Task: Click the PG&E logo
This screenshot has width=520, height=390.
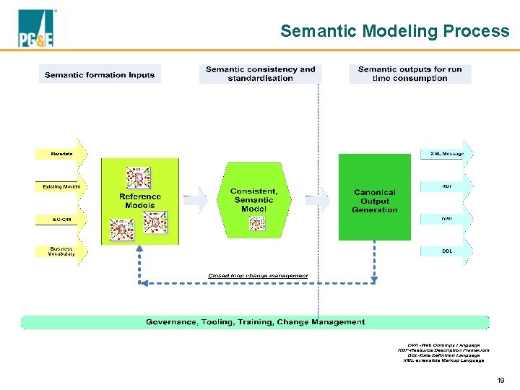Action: click(35, 30)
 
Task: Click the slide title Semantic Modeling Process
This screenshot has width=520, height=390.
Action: click(394, 31)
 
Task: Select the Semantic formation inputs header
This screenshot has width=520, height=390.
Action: click(100, 74)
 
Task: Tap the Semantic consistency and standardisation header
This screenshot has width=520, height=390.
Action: click(260, 74)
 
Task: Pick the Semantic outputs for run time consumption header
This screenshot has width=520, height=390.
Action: click(409, 74)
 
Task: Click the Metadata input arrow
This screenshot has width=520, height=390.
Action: click(61, 154)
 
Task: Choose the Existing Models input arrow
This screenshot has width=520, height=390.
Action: click(61, 187)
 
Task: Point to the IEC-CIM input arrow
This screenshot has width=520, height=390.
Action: click(61, 219)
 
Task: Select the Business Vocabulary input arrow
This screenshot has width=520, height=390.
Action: click(61, 251)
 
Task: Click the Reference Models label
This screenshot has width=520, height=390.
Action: click(140, 201)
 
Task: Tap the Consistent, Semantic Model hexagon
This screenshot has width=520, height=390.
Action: click(253, 200)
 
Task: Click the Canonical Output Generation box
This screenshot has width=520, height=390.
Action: click(375, 201)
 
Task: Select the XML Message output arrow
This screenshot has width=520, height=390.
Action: click(447, 154)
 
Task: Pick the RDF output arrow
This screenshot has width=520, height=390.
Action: click(447, 186)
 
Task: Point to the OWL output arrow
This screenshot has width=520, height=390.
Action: click(447, 219)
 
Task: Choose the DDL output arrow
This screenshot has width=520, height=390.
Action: click(447, 251)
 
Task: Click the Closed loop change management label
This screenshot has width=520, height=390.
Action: click(258, 276)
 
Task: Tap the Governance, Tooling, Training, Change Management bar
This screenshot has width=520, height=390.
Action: click(255, 322)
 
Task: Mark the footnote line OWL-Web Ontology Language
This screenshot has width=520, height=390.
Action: click(443, 345)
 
